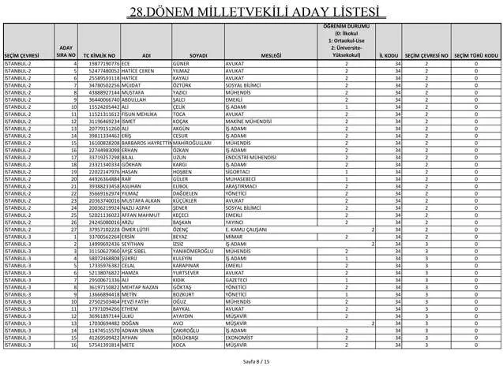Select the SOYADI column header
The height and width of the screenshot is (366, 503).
coord(197,55)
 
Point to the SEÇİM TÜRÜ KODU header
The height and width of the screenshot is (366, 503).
coord(475,55)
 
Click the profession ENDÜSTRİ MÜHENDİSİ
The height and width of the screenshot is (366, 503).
coord(251,157)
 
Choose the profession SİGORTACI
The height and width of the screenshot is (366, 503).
coord(238,171)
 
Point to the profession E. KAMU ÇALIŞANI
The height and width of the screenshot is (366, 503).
coord(250,230)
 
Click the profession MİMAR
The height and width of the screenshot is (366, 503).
coord(233,237)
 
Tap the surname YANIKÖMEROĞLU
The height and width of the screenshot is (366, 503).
coord(195,251)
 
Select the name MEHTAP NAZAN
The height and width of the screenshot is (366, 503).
coord(142,287)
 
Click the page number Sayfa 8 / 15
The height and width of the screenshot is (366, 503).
coord(250,359)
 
